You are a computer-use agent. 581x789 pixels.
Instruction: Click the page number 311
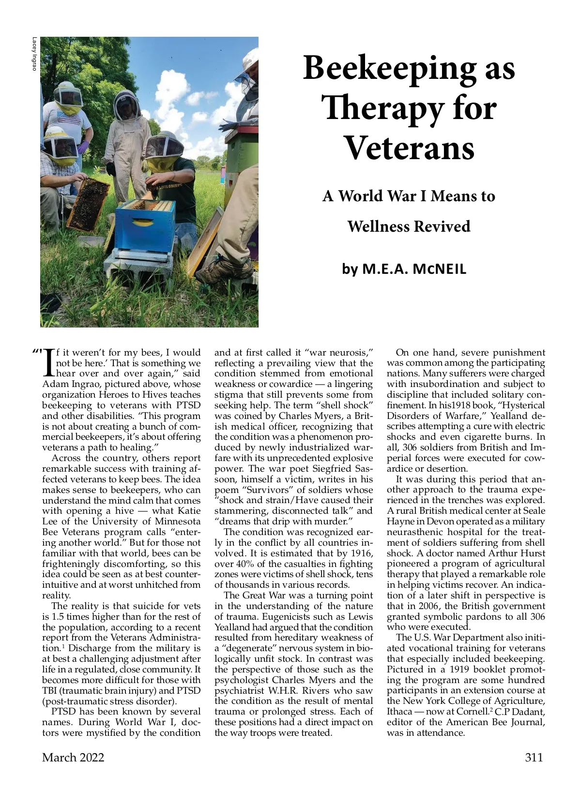tap(534, 757)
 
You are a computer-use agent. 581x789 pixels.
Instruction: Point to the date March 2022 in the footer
tap(73, 757)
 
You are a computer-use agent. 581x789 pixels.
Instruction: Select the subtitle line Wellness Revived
tap(409, 226)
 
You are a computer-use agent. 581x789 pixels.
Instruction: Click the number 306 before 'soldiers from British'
tap(410, 447)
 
